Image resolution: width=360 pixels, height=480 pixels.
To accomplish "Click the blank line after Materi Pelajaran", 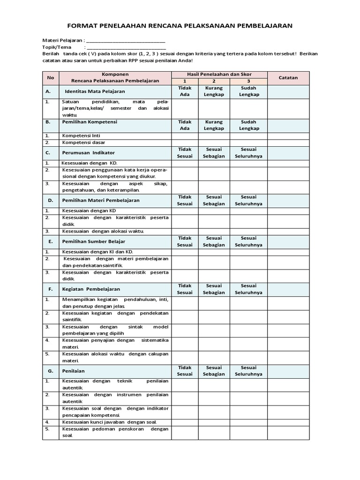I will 126,41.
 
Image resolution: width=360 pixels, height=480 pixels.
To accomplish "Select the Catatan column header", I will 288,78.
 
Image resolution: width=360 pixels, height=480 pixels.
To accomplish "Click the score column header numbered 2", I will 214,82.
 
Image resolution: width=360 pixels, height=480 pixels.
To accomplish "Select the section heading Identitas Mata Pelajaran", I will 92,91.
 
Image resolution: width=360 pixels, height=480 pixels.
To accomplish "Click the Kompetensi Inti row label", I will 81,135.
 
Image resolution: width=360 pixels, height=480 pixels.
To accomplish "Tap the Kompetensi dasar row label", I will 84,142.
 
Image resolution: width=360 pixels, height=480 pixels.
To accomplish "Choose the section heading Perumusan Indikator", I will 90,153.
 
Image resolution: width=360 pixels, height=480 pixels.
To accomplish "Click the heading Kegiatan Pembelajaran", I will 92,289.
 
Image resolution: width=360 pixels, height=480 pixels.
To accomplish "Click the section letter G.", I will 51,371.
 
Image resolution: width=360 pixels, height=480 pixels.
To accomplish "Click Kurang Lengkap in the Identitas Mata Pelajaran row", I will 214,91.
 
